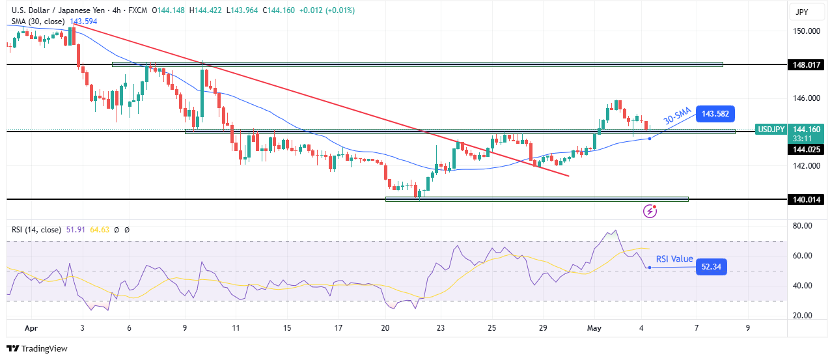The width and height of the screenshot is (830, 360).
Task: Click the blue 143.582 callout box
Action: pyautogui.click(x=716, y=114)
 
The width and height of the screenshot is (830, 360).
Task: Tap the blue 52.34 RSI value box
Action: pyautogui.click(x=712, y=266)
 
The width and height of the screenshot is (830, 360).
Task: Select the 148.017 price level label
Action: pyautogui.click(x=805, y=65)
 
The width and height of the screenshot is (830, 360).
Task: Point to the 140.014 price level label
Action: pyautogui.click(x=805, y=199)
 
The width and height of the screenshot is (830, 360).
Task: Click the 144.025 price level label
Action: pyautogui.click(x=805, y=149)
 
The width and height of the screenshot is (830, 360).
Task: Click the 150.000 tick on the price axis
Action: pyautogui.click(x=805, y=31)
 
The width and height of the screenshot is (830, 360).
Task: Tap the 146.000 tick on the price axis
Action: pyautogui.click(x=805, y=98)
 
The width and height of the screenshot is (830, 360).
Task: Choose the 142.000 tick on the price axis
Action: pyautogui.click(x=805, y=165)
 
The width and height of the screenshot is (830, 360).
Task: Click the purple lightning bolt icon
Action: pyautogui.click(x=650, y=210)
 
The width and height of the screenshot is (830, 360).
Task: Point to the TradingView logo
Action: pyautogui.click(x=37, y=348)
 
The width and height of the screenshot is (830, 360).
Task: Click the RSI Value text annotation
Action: pyautogui.click(x=674, y=259)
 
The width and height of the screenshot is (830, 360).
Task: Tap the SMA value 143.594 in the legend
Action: pyautogui.click(x=83, y=21)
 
